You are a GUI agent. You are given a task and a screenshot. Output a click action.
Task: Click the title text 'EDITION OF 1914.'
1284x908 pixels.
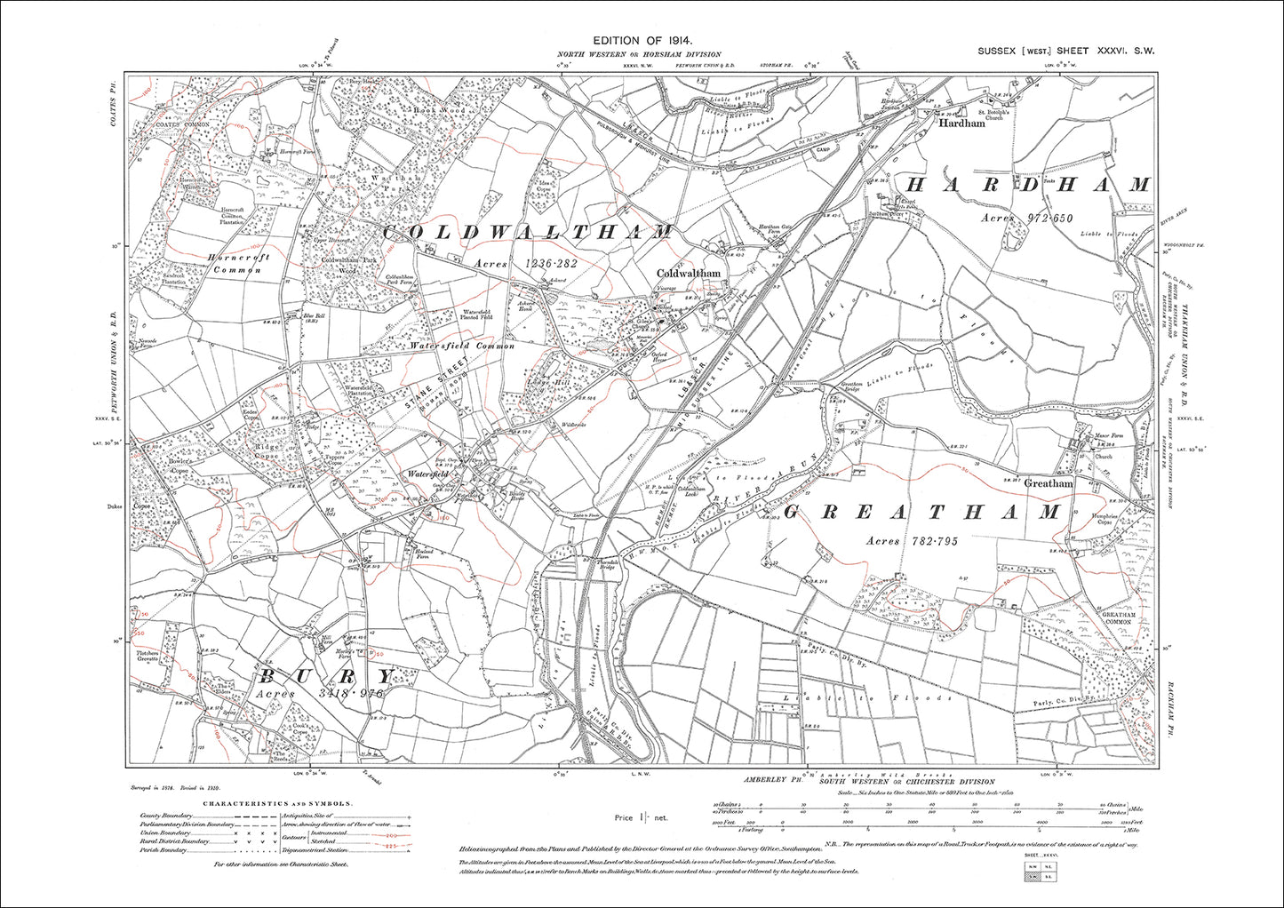pos(642,41)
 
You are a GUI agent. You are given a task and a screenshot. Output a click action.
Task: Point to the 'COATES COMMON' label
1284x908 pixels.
pos(183,124)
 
